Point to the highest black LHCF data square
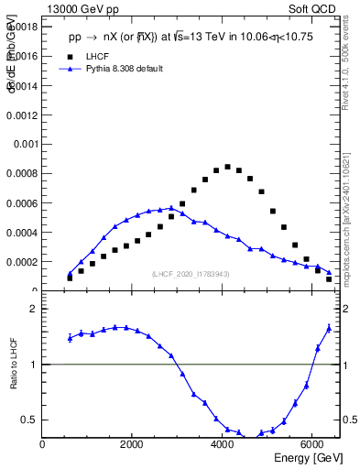point(227,167)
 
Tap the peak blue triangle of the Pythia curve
point(171,208)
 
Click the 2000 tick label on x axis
point(133,445)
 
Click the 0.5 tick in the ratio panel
point(30,420)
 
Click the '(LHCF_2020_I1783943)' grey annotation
point(191,275)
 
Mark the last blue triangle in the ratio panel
point(329,328)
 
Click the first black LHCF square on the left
point(70,278)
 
